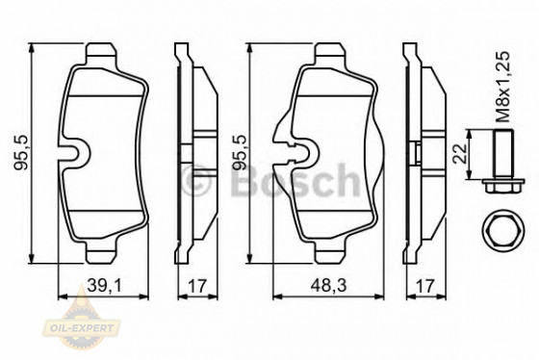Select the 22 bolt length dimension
point(460,150)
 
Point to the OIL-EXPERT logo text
point(85,329)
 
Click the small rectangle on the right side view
point(415,152)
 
